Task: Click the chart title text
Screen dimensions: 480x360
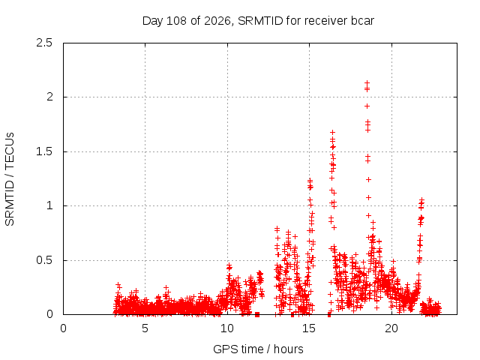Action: coord(258,21)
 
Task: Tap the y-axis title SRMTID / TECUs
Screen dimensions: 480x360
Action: coord(10,179)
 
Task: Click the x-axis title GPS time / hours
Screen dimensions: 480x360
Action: coord(258,349)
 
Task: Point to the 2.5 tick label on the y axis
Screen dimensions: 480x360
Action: coord(44,43)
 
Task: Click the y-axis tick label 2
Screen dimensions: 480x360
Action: coord(49,97)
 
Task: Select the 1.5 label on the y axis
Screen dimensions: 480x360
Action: coord(44,151)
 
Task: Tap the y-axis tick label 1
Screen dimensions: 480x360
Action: coord(49,205)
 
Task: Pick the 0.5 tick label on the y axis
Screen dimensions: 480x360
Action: coord(44,260)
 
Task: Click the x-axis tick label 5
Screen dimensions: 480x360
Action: coord(145,328)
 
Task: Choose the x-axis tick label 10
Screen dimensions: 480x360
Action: coord(227,328)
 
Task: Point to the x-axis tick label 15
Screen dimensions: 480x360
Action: coord(309,328)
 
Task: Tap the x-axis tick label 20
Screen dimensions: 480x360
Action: coord(391,328)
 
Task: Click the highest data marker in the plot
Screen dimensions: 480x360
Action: coord(367,82)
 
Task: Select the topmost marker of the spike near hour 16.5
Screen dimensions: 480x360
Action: coord(332,132)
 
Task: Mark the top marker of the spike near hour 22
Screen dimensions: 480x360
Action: coord(422,199)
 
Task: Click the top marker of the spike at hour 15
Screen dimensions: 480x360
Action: coord(310,180)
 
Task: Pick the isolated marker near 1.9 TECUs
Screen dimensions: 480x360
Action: coord(367,106)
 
